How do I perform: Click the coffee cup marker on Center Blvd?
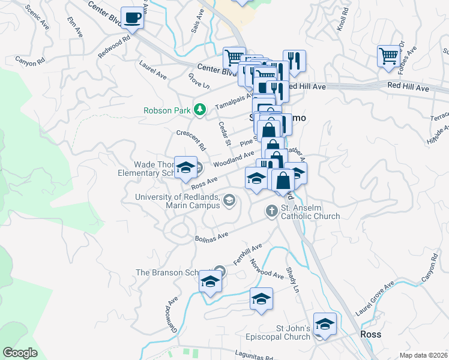coord(133,17)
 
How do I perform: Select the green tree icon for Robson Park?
coord(200,110)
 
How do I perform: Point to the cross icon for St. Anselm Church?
coord(271,210)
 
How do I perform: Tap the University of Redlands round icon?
coord(229,200)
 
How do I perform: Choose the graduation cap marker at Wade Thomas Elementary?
coord(185,167)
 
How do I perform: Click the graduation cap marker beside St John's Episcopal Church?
coord(325,325)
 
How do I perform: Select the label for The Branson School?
coord(171,272)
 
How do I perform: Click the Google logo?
coord(20,352)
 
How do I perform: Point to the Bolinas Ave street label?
coord(212,236)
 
